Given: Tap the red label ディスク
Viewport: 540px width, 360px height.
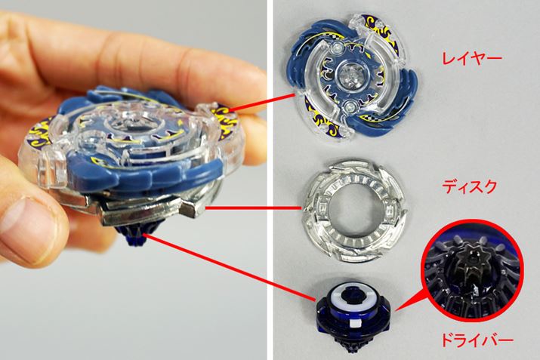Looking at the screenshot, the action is [x=470, y=187].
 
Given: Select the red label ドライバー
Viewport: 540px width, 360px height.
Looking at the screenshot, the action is [x=477, y=340].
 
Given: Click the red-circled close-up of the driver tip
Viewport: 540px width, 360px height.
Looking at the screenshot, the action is [x=472, y=270].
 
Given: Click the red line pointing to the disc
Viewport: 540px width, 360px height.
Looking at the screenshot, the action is [x=254, y=208].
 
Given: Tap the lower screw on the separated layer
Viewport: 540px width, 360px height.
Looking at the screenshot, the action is [x=350, y=106].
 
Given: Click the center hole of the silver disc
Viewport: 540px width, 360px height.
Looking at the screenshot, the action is [x=355, y=211].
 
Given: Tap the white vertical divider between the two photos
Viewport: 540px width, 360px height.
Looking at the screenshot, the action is [x=270, y=180].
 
